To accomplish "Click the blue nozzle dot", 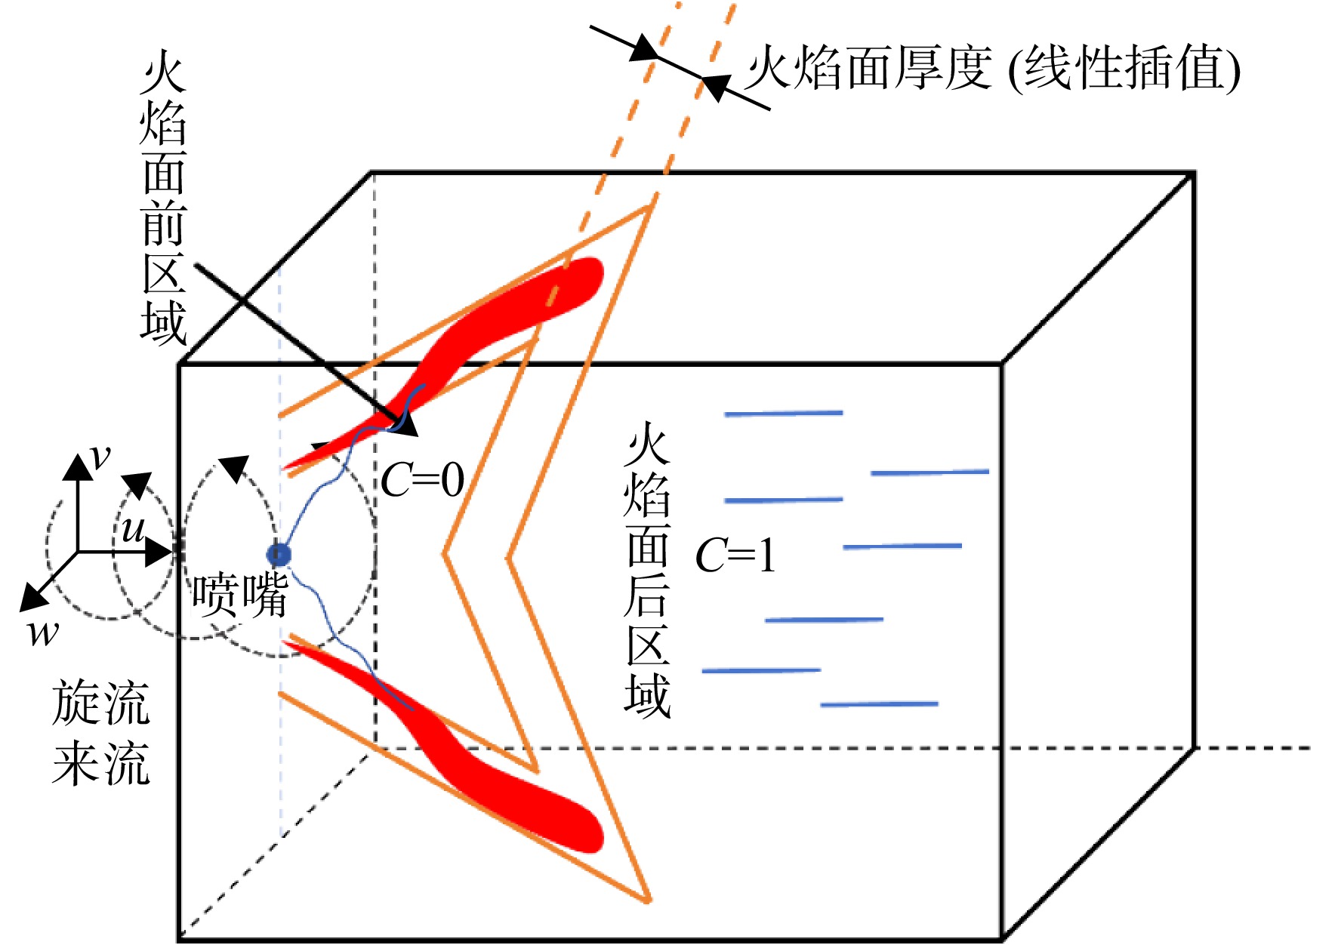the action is [x=280, y=555].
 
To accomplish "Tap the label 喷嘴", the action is [x=239, y=595].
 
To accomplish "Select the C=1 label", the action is [x=735, y=556].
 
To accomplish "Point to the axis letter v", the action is [x=100, y=457].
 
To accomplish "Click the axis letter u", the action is [x=133, y=529].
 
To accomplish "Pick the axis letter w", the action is [x=43, y=634].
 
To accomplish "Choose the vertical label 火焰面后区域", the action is [x=647, y=571].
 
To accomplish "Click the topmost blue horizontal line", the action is [x=783, y=414].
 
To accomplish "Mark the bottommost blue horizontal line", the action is [x=879, y=704].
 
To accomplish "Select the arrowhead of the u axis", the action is [x=159, y=553].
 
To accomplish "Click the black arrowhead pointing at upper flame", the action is [x=405, y=424].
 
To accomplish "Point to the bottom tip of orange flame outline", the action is [x=649, y=900].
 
